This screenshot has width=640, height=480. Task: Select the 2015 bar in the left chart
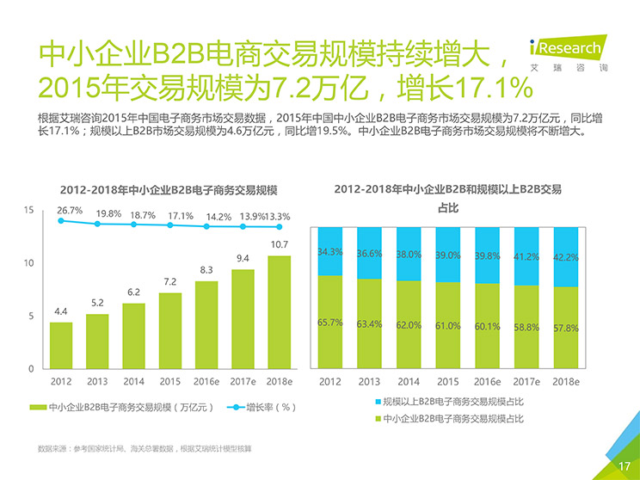pos(170,330)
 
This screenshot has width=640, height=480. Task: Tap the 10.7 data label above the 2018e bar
pos(279,245)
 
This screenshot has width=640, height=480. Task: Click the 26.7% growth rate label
pos(70,210)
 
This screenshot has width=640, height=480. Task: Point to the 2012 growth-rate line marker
pos(61,220)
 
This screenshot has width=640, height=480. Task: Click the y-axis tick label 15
pos(29,210)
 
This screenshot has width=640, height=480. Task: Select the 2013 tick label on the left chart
pos(97,381)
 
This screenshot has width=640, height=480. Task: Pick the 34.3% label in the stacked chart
pos(330,252)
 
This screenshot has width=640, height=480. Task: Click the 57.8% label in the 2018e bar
pos(565,328)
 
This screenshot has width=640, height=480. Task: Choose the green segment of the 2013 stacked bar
pos(369,323)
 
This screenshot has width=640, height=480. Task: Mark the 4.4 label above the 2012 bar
pos(61,311)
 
